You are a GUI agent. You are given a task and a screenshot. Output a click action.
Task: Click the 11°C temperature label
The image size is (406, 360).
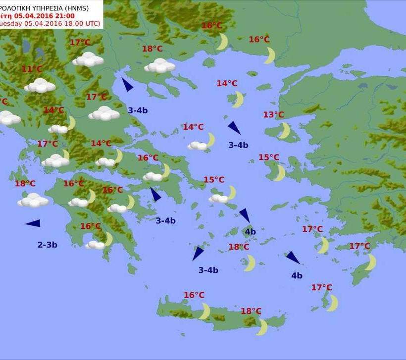[x=32, y=69]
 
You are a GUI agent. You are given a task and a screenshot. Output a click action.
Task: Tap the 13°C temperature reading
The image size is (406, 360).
[x=273, y=115]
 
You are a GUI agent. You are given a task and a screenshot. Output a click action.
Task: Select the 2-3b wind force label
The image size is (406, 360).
[x=48, y=244]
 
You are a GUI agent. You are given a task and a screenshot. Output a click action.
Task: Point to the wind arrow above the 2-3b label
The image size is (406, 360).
[x=33, y=223]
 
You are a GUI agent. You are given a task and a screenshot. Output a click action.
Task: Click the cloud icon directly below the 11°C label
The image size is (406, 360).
[x=40, y=86]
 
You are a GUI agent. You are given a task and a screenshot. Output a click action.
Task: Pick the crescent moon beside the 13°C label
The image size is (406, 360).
[x=285, y=131]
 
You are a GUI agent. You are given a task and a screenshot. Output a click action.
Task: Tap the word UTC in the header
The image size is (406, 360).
[x=93, y=23]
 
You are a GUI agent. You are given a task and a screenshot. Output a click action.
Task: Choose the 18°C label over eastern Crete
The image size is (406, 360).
[x=251, y=311]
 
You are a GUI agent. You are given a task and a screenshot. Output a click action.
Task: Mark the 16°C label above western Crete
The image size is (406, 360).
[x=194, y=295]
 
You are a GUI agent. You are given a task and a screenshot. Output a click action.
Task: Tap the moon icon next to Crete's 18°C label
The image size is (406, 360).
[x=262, y=327]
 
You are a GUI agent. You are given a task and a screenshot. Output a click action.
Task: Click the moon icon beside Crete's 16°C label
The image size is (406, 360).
[x=204, y=311]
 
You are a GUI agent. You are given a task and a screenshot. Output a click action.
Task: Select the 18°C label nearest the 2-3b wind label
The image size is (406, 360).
[x=25, y=183]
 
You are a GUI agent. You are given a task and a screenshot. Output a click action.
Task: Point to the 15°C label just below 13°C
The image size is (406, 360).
[x=269, y=157]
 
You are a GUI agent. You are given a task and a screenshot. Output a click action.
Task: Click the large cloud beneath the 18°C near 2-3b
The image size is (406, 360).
[x=33, y=200]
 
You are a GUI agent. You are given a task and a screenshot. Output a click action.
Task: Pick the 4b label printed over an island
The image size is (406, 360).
[x=250, y=231]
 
